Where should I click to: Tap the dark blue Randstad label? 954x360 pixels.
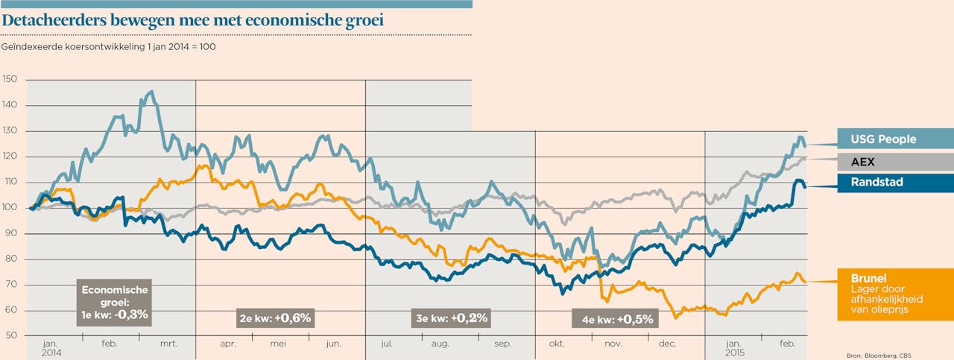876,183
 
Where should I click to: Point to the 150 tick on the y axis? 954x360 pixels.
11,80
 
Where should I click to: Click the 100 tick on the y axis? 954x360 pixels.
11,208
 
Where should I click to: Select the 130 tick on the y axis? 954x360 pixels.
11,131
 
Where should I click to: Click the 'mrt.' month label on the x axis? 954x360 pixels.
168,344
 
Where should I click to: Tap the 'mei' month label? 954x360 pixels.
278,344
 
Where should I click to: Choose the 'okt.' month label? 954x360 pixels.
556,344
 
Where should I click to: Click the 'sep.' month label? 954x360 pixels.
502,344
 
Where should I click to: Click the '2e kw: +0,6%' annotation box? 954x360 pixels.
276,318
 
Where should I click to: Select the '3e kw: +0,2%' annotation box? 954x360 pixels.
452,318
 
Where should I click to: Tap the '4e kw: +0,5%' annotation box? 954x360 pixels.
617,319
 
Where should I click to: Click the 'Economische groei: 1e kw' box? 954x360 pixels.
116,302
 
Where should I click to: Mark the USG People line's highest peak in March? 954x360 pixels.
152,92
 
